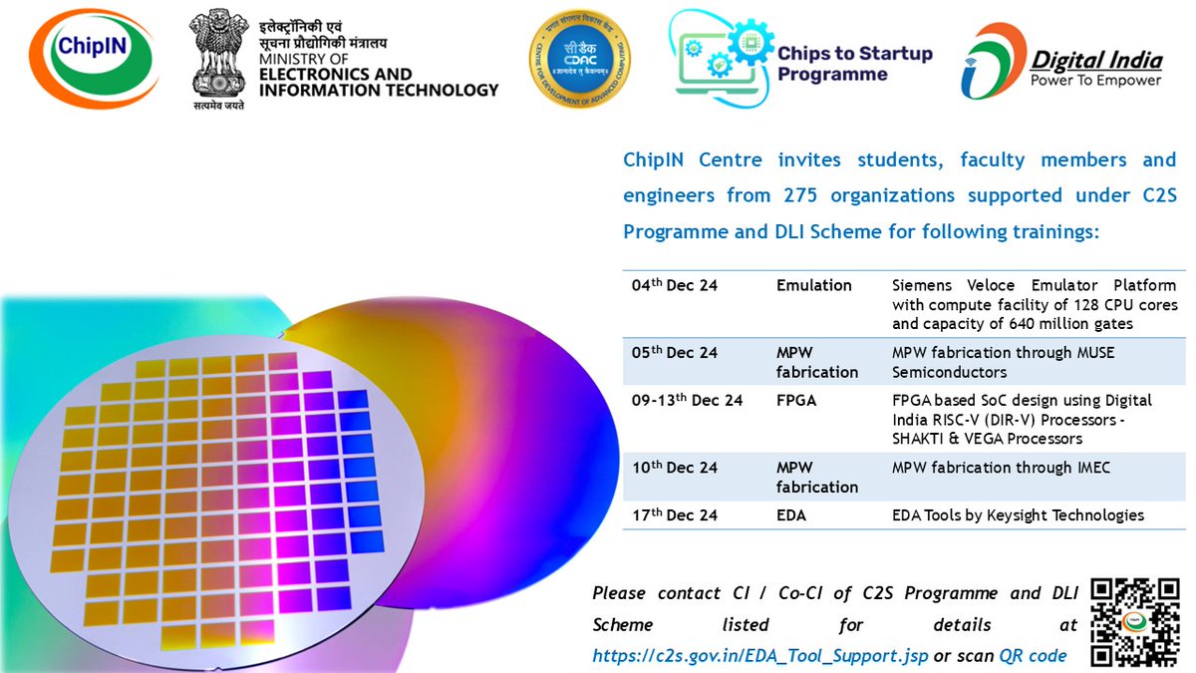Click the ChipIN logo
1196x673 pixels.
tap(94, 58)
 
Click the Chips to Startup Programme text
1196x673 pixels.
tap(854, 64)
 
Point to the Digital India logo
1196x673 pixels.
tap(1063, 61)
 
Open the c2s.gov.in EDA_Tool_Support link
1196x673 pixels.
tap(760, 656)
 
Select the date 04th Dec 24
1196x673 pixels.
tap(675, 285)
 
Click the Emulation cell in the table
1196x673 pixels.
tap(814, 285)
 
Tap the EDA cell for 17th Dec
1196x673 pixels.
tap(791, 515)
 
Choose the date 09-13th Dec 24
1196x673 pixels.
tap(687, 401)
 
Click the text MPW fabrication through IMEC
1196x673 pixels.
tap(1001, 467)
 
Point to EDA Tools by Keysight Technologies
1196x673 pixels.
tap(1018, 515)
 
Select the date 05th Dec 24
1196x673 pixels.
tap(675, 352)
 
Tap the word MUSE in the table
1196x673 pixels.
tap(1092, 352)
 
